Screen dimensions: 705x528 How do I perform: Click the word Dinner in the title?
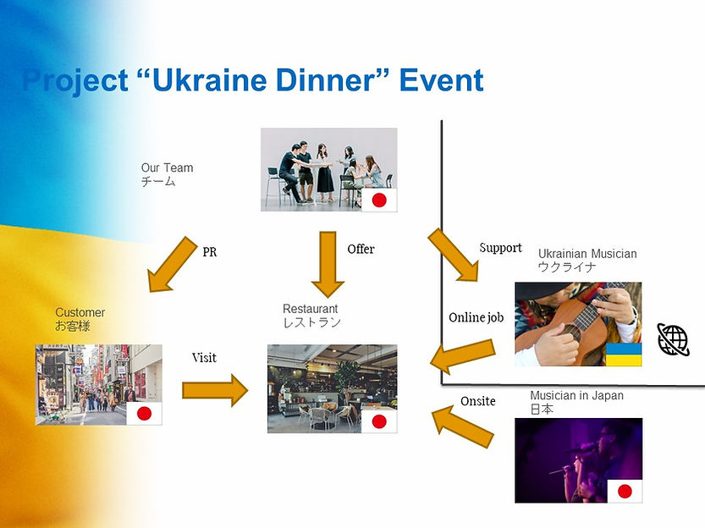326,80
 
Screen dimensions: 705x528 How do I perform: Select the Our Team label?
167,168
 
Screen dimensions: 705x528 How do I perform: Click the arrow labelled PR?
173,264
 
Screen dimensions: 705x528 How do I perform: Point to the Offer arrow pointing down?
328,264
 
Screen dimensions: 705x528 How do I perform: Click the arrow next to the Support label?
453,255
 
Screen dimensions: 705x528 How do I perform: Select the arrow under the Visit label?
215,390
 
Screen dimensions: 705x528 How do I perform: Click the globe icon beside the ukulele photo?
673,339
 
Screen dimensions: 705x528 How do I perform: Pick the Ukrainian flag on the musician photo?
624,355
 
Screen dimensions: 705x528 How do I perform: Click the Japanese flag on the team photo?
379,200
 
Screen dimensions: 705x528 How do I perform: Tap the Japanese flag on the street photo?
144,414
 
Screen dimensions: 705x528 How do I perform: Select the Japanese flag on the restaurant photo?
379,421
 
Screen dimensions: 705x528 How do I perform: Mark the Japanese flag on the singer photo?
625,491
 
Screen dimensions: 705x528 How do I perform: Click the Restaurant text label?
311,309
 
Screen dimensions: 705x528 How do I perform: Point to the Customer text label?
80,312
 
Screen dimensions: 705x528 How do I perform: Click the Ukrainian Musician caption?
587,254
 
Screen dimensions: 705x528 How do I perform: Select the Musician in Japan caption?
577,395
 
